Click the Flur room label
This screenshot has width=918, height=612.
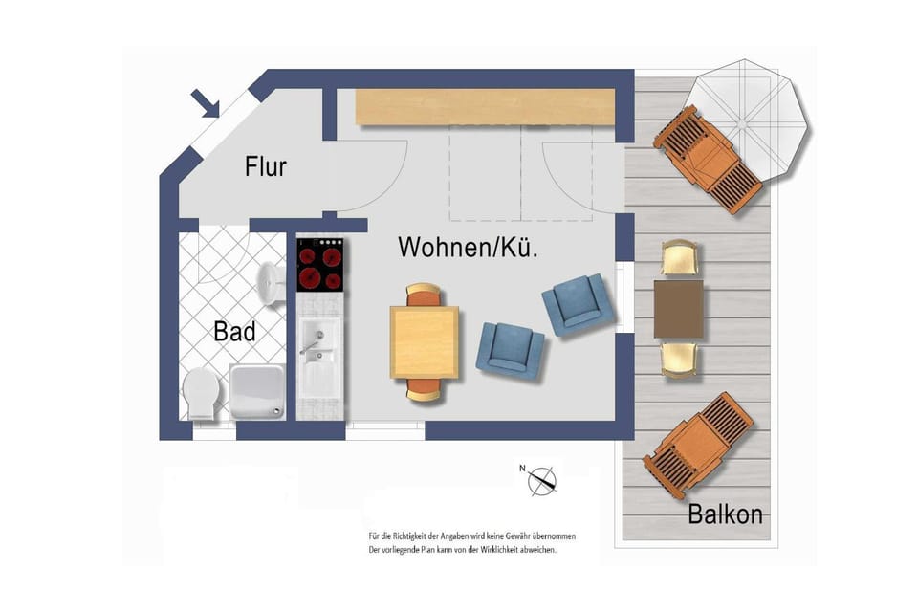pyautogui.click(x=266, y=166)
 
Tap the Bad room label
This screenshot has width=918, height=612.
pyautogui.click(x=234, y=332)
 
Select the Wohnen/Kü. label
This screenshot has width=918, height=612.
pyautogui.click(x=468, y=248)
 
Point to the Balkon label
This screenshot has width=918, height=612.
pyautogui.click(x=725, y=514)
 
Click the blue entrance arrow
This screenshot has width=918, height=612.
pyautogui.click(x=206, y=103)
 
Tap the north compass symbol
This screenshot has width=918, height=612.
pyautogui.click(x=543, y=479)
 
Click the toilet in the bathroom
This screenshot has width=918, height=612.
pyautogui.click(x=201, y=392)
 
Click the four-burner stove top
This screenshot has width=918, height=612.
pyautogui.click(x=320, y=264)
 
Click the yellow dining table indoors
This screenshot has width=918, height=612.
pyautogui.click(x=424, y=341)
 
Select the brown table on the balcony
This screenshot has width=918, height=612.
pyautogui.click(x=679, y=309)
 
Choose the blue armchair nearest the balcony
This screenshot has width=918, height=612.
pyautogui.click(x=577, y=304)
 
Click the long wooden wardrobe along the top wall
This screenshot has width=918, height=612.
pyautogui.click(x=485, y=106)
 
